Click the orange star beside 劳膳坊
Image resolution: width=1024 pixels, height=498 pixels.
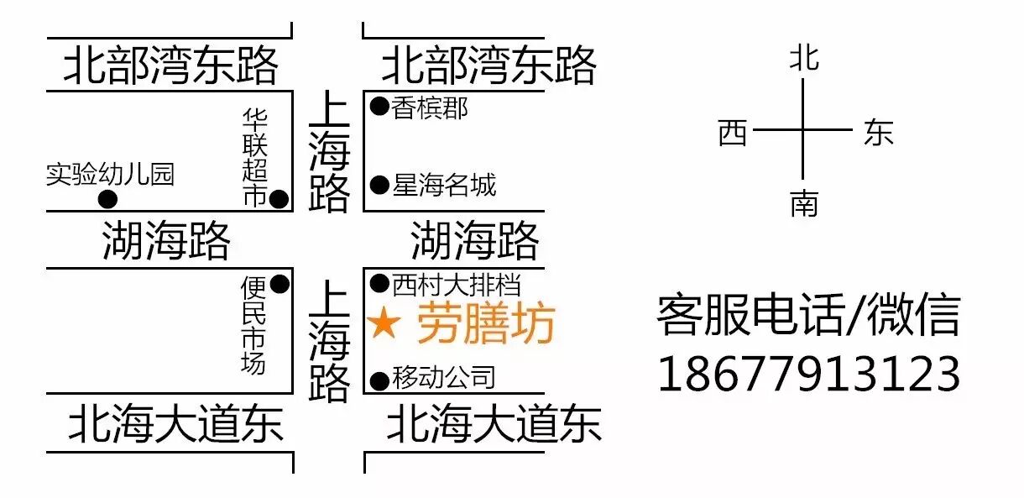click(384, 324)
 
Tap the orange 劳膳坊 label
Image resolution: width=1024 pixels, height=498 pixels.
click(486, 324)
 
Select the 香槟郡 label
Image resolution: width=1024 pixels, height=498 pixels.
click(430, 108)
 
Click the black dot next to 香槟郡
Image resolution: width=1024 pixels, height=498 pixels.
click(379, 107)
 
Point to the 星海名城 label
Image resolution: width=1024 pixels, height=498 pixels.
click(444, 184)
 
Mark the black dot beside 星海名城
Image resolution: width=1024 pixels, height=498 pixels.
click(379, 184)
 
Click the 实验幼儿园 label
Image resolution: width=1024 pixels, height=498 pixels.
click(110, 174)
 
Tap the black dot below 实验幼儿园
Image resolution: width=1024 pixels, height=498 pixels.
click(107, 200)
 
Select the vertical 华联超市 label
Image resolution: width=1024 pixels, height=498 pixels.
click(254, 157)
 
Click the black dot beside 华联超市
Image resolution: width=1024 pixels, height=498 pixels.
click(280, 199)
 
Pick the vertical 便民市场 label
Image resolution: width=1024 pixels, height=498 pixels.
click(253, 326)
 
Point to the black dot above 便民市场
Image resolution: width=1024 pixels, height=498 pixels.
click(280, 284)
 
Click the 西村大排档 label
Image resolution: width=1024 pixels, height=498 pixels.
click(457, 284)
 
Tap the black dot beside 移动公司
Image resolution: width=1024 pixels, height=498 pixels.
click(379, 380)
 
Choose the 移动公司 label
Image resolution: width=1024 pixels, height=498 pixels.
click(444, 378)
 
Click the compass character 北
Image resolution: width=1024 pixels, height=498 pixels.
click(803, 59)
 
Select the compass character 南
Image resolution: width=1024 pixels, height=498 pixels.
click(803, 203)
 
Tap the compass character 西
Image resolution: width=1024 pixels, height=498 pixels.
click(733, 132)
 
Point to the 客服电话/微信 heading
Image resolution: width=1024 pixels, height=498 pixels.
click(807, 315)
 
